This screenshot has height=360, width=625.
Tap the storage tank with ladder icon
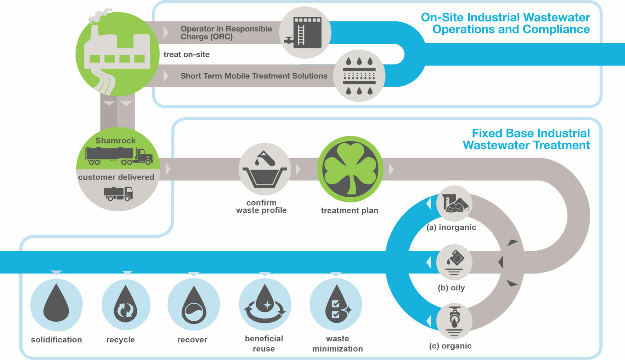point(305,33)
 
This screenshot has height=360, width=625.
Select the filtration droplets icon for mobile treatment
point(359,76)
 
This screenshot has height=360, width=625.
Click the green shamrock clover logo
point(350,169)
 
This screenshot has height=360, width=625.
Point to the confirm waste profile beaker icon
point(265,169)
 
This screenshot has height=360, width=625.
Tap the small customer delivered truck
point(118,193)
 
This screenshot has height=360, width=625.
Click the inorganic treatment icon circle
point(454,204)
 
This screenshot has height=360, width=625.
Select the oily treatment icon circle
point(454,262)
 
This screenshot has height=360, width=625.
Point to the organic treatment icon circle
point(454,321)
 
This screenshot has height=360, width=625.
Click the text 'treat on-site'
point(187,54)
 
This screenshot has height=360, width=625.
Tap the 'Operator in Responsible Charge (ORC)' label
point(226,33)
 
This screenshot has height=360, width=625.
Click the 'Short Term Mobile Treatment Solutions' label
point(254,76)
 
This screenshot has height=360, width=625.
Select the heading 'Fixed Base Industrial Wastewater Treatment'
point(526,139)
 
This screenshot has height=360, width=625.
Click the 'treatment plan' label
point(350,211)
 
